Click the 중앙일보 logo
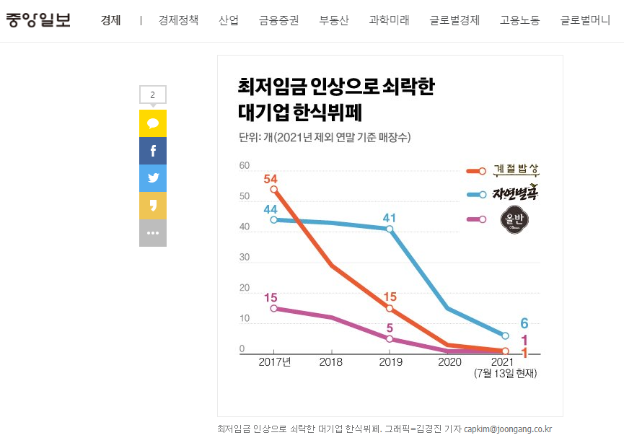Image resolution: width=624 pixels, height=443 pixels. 39,19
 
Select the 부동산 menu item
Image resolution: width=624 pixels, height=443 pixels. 334,20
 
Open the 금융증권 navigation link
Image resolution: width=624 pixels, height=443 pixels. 279,20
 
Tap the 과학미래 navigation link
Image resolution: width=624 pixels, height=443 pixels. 389,20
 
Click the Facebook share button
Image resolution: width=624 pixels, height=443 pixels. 153,151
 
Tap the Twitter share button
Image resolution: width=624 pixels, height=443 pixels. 153,178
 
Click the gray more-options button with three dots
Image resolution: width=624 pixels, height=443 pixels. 153,233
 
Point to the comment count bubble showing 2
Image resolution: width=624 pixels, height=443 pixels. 153,95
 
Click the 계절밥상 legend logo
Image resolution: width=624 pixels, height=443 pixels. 516,170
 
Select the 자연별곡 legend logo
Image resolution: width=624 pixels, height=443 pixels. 516,193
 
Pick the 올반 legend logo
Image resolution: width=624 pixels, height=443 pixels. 516,219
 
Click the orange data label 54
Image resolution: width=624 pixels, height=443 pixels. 271,179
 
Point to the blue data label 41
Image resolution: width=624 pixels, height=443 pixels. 390,217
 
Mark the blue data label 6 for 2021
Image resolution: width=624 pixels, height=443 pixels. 524,323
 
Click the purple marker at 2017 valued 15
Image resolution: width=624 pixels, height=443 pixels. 274,308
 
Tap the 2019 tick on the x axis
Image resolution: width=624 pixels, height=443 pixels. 390,361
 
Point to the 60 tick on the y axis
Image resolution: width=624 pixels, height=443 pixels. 245,166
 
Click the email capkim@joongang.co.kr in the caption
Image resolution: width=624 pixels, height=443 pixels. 508,429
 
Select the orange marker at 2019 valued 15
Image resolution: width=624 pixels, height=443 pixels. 390,308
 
